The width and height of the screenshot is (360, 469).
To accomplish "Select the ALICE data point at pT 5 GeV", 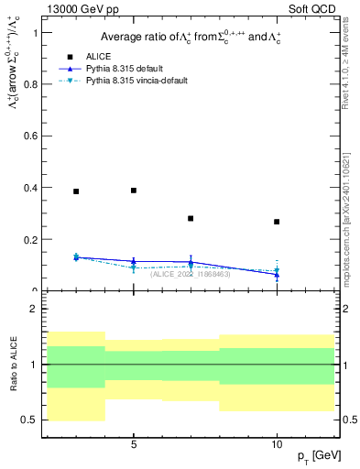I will pos(134,191).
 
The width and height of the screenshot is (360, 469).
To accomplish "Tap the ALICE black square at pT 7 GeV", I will pos(191,219).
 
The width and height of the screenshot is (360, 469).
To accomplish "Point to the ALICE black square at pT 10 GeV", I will pos(277,222).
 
